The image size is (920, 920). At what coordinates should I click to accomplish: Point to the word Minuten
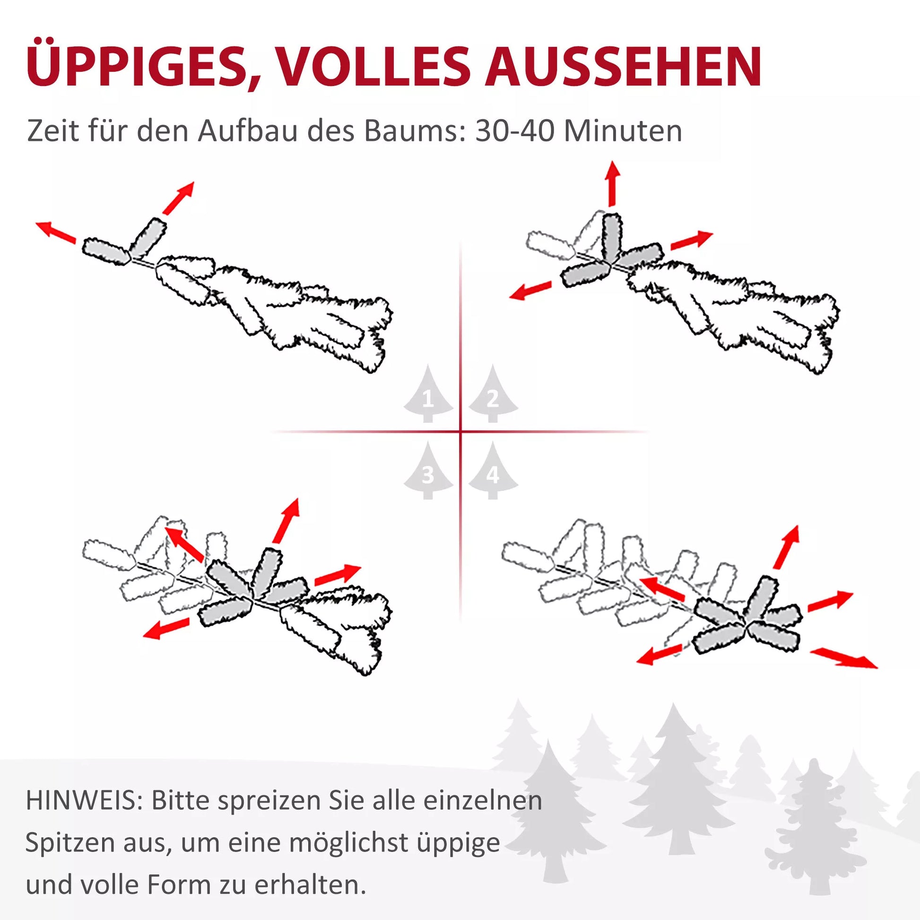point(623,131)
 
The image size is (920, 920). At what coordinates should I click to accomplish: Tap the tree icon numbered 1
point(428,394)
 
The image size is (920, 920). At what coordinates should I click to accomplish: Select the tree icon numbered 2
point(493,394)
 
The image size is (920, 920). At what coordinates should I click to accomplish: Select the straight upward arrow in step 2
point(612,184)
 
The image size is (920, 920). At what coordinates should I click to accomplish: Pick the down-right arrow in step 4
point(843,658)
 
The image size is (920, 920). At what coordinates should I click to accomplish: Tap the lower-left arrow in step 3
point(167,628)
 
